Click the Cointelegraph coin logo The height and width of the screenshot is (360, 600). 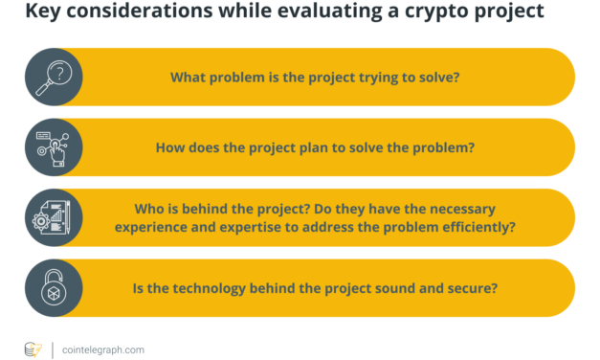coord(33,349)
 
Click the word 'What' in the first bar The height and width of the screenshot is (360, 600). coord(188,77)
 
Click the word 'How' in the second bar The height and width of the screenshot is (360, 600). coord(170,147)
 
